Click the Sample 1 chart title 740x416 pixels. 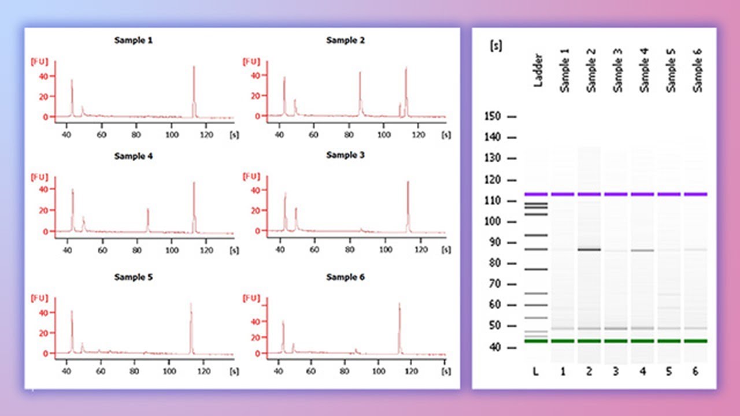[134, 40]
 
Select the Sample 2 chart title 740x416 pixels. [346, 40]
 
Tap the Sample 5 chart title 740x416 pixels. [134, 277]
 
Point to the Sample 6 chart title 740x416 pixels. [346, 277]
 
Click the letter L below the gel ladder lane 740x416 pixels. [536, 372]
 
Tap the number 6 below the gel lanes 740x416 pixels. [695, 372]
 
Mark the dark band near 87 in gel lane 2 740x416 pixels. [589, 250]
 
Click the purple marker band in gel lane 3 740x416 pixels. [615, 194]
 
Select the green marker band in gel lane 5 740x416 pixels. [668, 341]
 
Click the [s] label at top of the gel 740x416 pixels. [495, 46]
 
